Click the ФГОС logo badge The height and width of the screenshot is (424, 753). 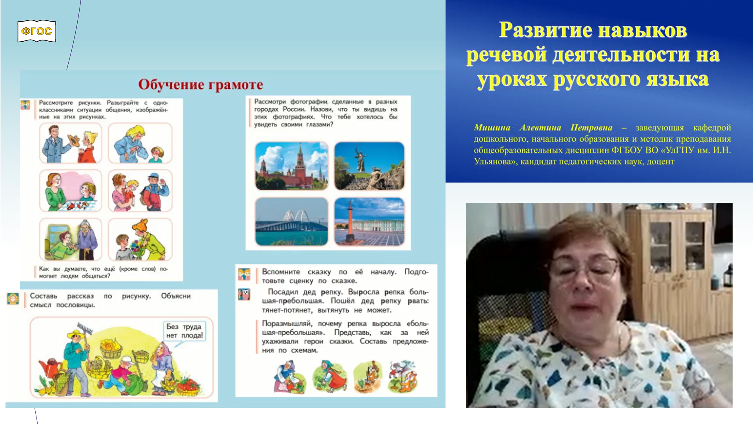[36, 31]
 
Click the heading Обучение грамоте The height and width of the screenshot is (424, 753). [200, 84]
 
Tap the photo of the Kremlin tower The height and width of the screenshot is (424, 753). [291, 166]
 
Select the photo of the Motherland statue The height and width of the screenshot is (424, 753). [369, 166]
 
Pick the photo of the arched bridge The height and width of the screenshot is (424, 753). [291, 221]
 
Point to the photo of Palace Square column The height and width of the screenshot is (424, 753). [369, 221]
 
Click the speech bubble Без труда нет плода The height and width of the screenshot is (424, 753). [184, 331]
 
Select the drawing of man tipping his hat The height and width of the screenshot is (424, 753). [71, 143]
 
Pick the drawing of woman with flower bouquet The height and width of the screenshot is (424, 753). [140, 239]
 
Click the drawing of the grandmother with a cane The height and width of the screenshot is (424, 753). [71, 239]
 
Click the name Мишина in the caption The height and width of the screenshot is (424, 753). [492, 128]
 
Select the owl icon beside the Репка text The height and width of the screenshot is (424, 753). [244, 294]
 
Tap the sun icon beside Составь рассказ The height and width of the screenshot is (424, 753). [13, 299]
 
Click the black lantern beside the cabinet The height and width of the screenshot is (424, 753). [728, 275]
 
